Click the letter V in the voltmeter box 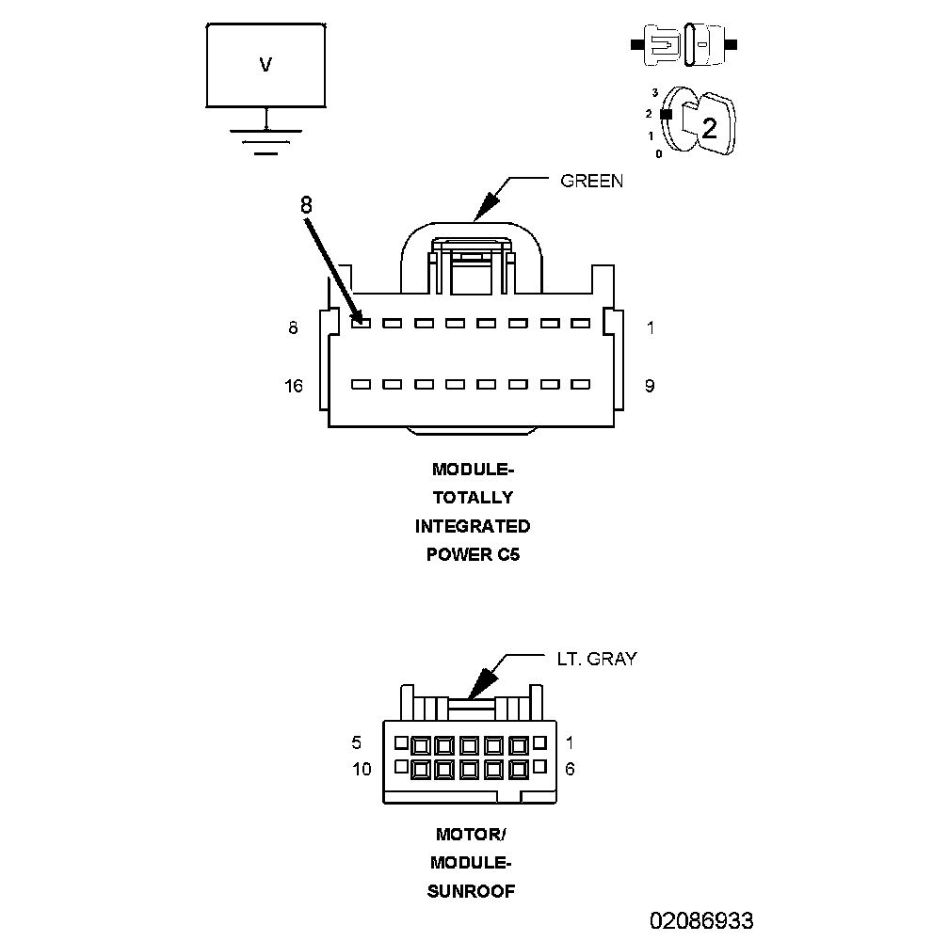coord(265,65)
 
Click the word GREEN coord(591,181)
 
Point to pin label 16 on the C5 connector coord(294,386)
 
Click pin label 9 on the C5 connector coord(650,386)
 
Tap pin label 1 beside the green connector coord(650,328)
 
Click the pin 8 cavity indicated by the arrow coord(361,324)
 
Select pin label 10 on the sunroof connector coord(362,769)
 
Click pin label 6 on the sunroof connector coord(570,769)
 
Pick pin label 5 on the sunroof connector coord(357,742)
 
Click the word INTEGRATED coord(473,526)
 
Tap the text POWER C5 coord(473,554)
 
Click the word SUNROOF coord(472,891)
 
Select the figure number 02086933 coord(700,919)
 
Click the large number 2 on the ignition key coord(709,129)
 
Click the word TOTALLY coord(473,498)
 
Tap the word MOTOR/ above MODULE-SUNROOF coord(472,834)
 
